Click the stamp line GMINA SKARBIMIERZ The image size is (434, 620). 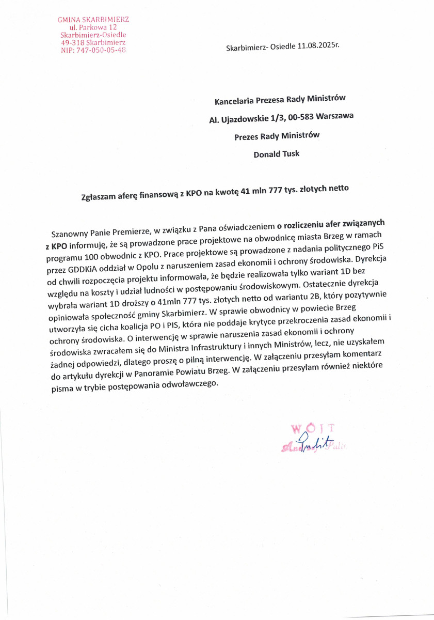[93, 19]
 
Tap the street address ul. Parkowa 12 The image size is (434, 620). [93, 27]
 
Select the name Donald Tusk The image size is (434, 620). [277, 153]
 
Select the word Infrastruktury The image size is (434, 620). [229, 348]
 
